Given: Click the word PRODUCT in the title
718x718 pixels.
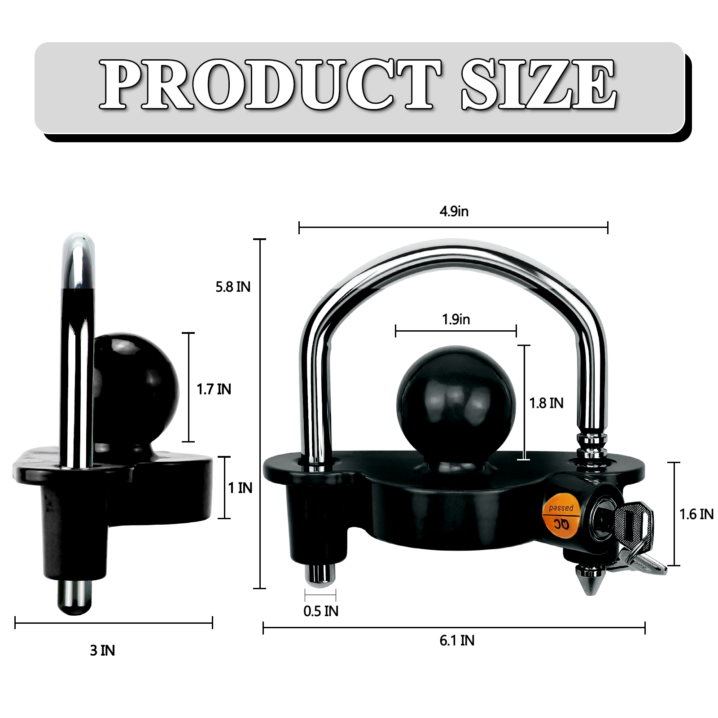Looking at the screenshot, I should [269, 85].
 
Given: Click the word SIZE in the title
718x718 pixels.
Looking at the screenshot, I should [538, 85].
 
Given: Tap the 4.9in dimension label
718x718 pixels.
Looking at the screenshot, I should [454, 211].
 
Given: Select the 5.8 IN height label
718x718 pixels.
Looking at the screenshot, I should [233, 287].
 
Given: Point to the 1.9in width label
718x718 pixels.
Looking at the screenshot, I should [456, 320].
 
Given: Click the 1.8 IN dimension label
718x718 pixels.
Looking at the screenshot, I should [546, 403].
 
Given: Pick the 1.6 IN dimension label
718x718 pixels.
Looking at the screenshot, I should [696, 514].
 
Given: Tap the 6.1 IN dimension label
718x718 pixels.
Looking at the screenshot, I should [457, 640].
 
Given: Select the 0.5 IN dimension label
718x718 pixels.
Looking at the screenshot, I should [321, 611].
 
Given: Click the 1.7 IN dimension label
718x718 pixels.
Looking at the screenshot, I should [214, 390].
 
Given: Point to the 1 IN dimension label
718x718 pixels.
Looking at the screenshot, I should [240, 488].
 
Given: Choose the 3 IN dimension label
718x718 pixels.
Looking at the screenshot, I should [102, 651].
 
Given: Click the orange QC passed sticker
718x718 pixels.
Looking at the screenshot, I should [561, 516].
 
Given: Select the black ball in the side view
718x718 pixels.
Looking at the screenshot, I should [135, 386].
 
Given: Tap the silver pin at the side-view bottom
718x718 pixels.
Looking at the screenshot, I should [75, 597].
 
